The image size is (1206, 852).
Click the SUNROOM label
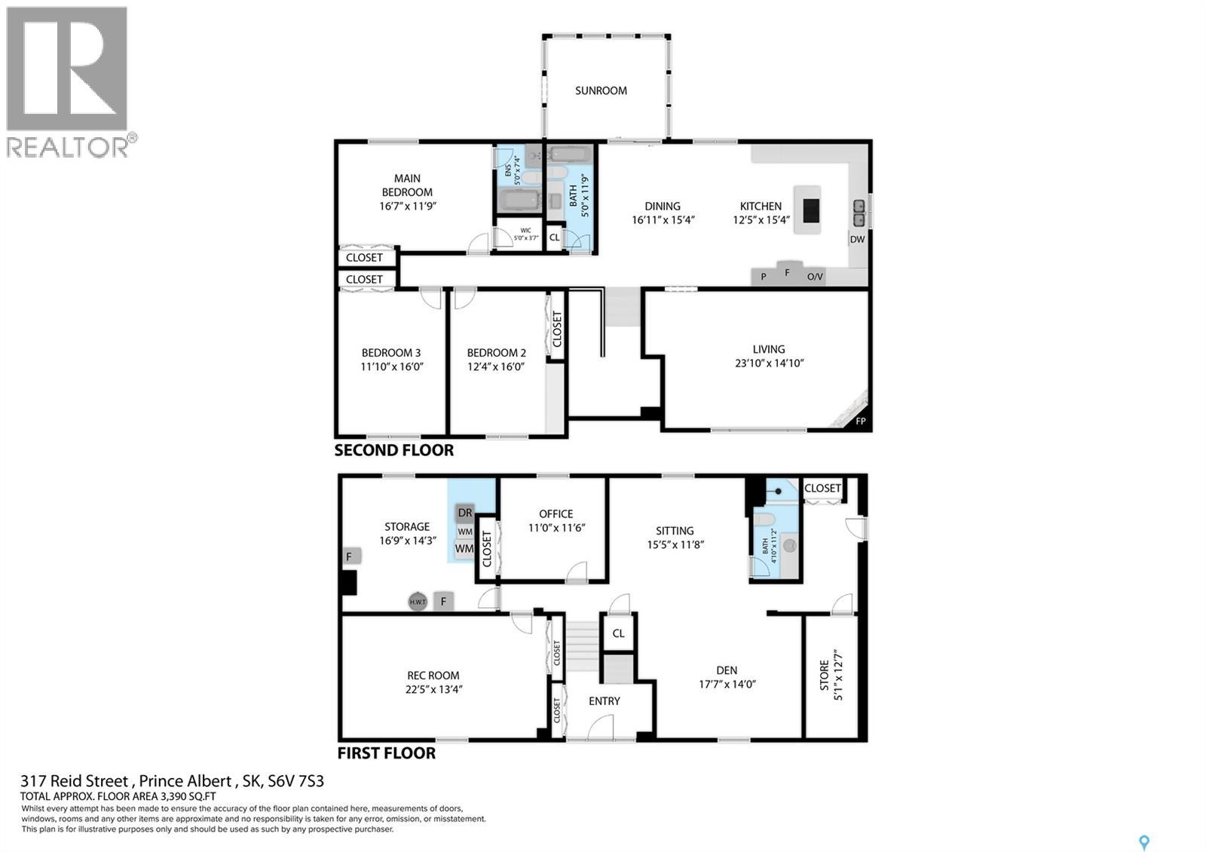(601, 90)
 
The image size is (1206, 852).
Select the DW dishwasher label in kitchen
(857, 240)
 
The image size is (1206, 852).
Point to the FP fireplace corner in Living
(860, 421)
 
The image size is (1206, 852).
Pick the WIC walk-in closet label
(525, 231)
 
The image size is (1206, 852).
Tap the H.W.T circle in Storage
(418, 602)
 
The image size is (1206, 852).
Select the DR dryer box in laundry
(465, 513)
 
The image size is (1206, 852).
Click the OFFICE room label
(556, 513)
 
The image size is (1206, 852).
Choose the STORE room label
(824, 676)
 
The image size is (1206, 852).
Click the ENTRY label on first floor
(604, 701)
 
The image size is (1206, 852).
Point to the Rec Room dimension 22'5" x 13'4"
(433, 688)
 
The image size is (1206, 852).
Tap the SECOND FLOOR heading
(393, 451)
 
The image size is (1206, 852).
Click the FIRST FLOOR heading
(386, 753)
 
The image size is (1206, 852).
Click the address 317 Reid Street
(75, 781)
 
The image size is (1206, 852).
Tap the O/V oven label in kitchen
(815, 277)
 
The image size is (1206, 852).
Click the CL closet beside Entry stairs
(618, 633)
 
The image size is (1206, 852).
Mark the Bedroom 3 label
(391, 353)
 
